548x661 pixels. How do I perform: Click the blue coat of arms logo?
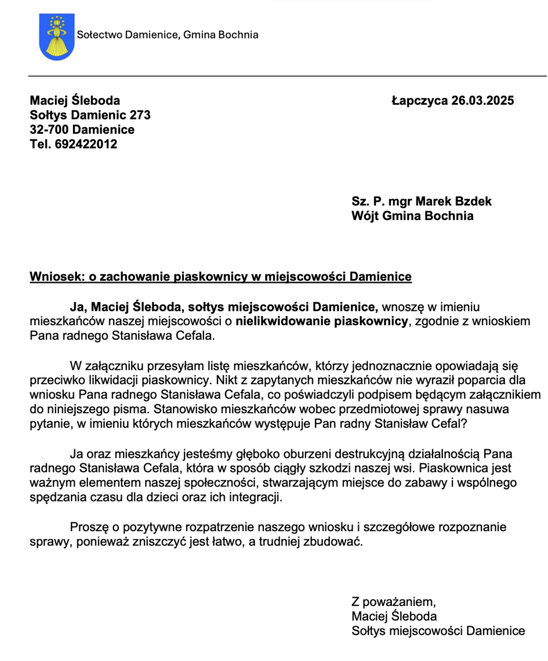[x=57, y=36]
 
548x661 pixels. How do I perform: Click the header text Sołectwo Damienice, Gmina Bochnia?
[x=167, y=35]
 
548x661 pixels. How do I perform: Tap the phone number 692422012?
[x=86, y=144]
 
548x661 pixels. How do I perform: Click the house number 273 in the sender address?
[x=140, y=115]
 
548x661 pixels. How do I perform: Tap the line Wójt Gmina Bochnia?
[x=412, y=216]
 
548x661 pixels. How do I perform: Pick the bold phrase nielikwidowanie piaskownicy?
[x=322, y=321]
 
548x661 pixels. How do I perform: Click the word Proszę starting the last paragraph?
[x=88, y=527]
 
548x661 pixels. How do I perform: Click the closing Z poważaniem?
[x=389, y=602]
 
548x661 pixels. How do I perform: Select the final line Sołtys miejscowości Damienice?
[x=438, y=631]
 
